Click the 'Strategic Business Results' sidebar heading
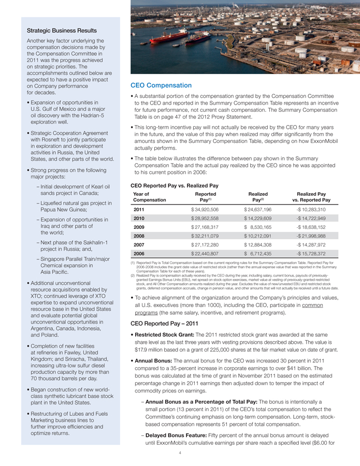62,31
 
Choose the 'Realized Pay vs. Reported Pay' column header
311,196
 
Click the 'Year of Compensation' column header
150,196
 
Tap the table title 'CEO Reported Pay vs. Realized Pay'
174,185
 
